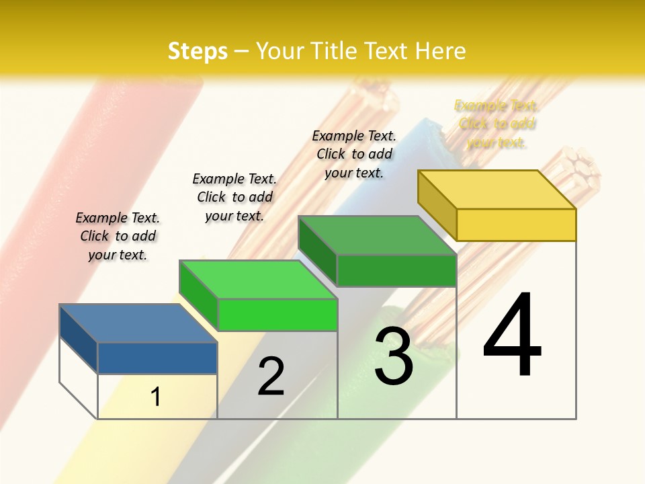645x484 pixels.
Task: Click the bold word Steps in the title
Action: click(x=198, y=51)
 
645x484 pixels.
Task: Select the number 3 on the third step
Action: click(x=393, y=356)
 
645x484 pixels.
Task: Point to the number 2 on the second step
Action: click(x=271, y=376)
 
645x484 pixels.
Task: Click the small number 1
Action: click(x=156, y=397)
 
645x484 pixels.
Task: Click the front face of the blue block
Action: click(x=157, y=358)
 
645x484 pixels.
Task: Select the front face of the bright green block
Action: click(x=277, y=315)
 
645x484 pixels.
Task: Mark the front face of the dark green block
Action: click(x=396, y=270)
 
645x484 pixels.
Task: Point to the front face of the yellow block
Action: click(x=516, y=225)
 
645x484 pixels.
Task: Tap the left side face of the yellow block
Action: click(x=437, y=205)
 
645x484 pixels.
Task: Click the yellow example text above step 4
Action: click(x=497, y=124)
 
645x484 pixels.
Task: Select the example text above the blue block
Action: click(x=118, y=236)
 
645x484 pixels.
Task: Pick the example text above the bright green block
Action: click(x=234, y=197)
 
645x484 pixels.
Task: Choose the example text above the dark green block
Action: click(x=354, y=154)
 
